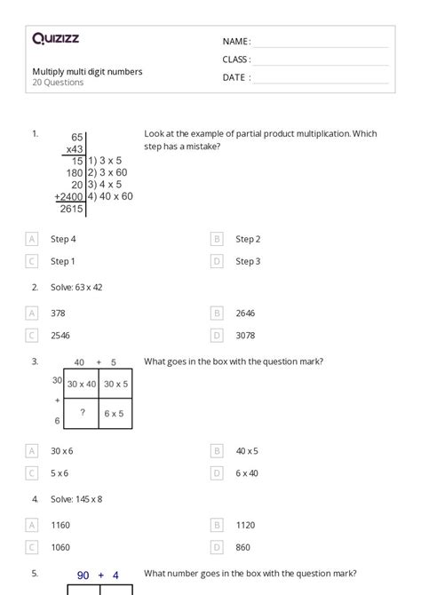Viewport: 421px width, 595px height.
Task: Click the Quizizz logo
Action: tap(55, 38)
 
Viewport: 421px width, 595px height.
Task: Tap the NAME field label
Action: tap(236, 42)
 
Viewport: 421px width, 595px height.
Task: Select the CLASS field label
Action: tap(236, 59)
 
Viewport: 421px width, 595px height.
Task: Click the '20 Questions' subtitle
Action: tap(58, 83)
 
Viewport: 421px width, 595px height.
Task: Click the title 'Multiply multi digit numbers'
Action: tap(87, 71)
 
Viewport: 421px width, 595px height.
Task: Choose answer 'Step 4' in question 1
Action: tap(63, 239)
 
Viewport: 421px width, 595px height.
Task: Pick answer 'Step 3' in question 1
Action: tap(248, 261)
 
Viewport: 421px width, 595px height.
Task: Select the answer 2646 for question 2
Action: tap(246, 313)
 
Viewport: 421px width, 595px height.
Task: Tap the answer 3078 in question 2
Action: tap(246, 336)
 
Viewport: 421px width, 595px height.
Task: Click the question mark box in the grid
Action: tap(83, 413)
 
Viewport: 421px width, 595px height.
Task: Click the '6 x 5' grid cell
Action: tap(115, 413)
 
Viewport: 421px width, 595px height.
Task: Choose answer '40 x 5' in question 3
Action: tap(247, 451)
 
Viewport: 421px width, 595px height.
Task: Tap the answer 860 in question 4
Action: tap(242, 547)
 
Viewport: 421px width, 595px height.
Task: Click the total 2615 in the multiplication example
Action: tap(71, 209)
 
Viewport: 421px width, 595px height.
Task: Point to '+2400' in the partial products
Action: tap(68, 196)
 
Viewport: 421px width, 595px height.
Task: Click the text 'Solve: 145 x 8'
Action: tap(77, 499)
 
